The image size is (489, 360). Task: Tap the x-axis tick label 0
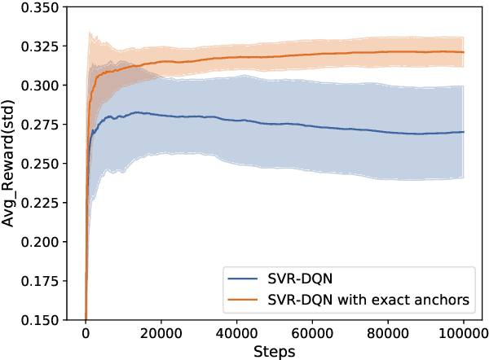(x=86, y=333)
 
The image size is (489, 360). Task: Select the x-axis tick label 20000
(x=161, y=333)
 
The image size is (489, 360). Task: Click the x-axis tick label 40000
(x=236, y=333)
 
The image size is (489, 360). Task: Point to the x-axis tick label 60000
(x=312, y=333)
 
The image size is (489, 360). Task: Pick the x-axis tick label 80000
(x=387, y=333)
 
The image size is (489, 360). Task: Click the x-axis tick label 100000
(x=463, y=333)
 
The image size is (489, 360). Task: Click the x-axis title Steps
(x=274, y=350)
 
